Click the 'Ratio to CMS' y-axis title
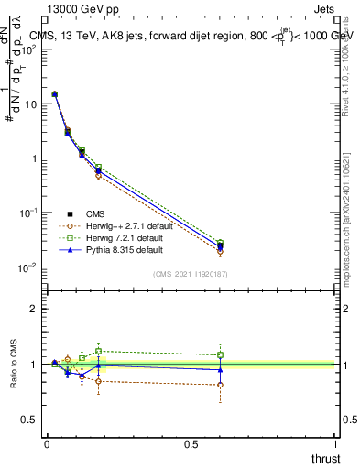[15, 365]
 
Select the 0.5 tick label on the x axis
[191, 444]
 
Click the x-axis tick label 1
[335, 444]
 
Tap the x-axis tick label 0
[47, 444]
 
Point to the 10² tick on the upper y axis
[29, 49]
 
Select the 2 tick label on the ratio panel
[33, 309]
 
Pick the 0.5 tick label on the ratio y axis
[30, 420]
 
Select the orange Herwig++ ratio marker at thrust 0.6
[220, 385]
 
